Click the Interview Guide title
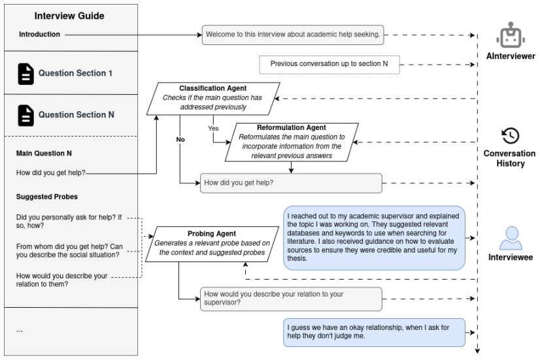pyautogui.click(x=69, y=16)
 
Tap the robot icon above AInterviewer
pyautogui.click(x=511, y=35)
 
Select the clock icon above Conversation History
pyautogui.click(x=511, y=136)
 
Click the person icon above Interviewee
pyautogui.click(x=511, y=238)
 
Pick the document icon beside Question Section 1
pyautogui.click(x=26, y=74)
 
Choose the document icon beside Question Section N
pyautogui.click(x=26, y=115)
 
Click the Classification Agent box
pyautogui.click(x=213, y=99)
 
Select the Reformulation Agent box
pyautogui.click(x=292, y=142)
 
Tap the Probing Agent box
pyautogui.click(x=212, y=244)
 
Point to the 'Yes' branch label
pyautogui.click(x=213, y=128)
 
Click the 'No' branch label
pyautogui.click(x=180, y=139)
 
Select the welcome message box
pyautogui.click(x=293, y=35)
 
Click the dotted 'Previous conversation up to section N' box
pyautogui.click(x=329, y=65)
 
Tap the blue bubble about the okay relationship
pyautogui.click(x=374, y=333)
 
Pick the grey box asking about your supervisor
pyautogui.click(x=291, y=299)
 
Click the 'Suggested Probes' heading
pyautogui.click(x=47, y=197)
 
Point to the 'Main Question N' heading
pyautogui.click(x=44, y=154)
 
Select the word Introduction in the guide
pyautogui.click(x=39, y=35)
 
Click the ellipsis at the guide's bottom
pyautogui.click(x=20, y=331)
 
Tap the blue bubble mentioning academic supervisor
pyautogui.click(x=374, y=238)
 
